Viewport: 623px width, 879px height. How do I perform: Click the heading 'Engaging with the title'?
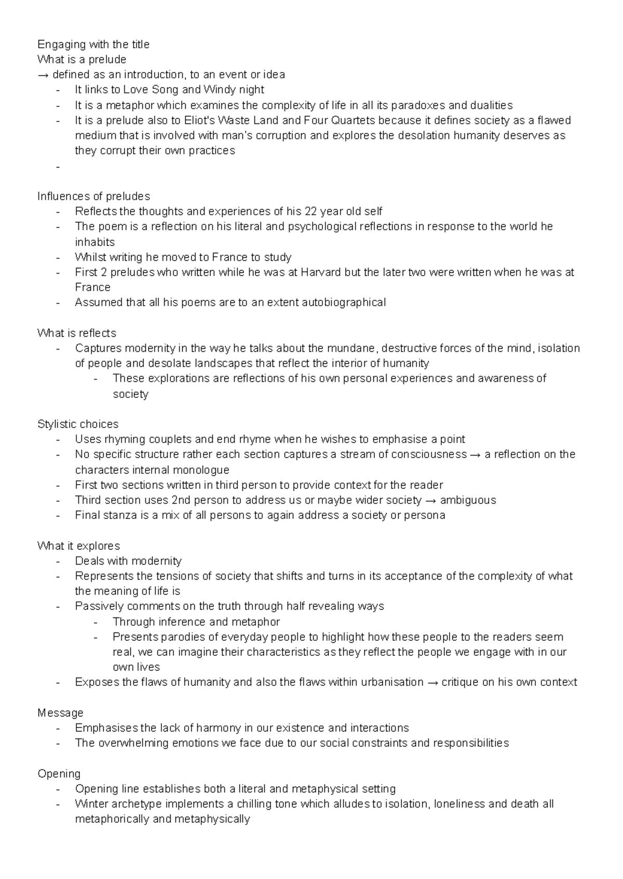[x=93, y=45]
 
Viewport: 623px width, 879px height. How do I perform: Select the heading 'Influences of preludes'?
[x=93, y=196]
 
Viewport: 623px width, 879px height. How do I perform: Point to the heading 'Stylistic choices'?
[x=78, y=424]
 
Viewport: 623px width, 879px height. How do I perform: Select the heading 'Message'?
[x=60, y=713]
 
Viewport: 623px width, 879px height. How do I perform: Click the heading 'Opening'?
[x=59, y=774]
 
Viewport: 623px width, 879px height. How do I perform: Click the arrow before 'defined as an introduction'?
[x=44, y=75]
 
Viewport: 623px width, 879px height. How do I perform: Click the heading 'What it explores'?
[x=78, y=546]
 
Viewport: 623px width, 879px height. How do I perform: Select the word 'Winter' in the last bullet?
[x=91, y=804]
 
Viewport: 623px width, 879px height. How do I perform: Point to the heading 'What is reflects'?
[x=77, y=333]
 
